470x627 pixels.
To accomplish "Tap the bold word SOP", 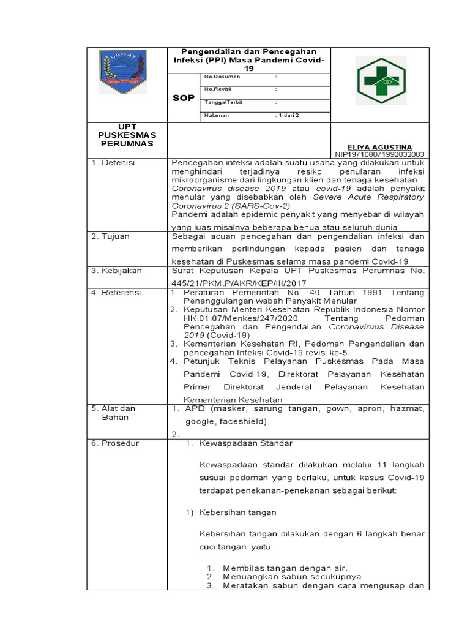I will pyautogui.click(x=183, y=98).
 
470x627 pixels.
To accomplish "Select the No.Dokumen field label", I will pyautogui.click(x=222, y=77).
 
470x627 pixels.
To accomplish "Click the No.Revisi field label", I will pyautogui.click(x=217, y=89).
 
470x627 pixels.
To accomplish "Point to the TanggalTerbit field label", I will pyautogui.click(x=223, y=102).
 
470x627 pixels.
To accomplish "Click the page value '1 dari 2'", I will pyautogui.click(x=288, y=115).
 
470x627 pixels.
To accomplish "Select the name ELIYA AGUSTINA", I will pyautogui.click(x=379, y=147).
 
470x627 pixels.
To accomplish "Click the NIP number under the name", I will pyautogui.click(x=379, y=155).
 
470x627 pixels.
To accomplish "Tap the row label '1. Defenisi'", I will pyautogui.click(x=113, y=163).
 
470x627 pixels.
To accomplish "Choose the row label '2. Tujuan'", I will pyautogui.click(x=111, y=236).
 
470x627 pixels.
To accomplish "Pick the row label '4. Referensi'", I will pyautogui.click(x=116, y=293).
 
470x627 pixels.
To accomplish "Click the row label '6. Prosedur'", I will pyautogui.click(x=113, y=443).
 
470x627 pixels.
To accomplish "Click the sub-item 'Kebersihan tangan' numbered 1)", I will pyautogui.click(x=237, y=512).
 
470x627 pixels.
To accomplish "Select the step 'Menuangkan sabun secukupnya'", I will pyautogui.click(x=294, y=576).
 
